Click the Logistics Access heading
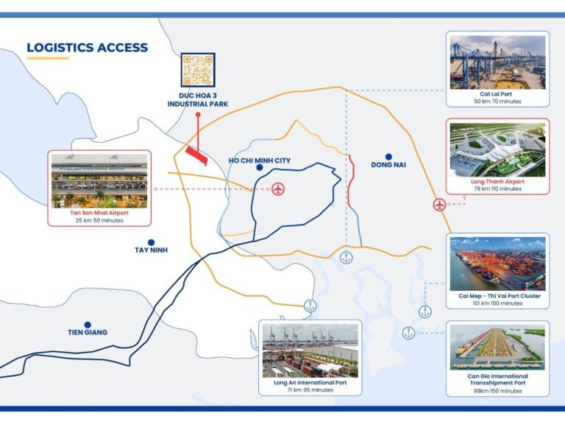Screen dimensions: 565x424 (x=88, y=48)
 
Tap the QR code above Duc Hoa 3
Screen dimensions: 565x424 (x=198, y=70)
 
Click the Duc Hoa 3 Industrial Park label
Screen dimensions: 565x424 (x=198, y=100)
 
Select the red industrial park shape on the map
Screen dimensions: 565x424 (x=196, y=155)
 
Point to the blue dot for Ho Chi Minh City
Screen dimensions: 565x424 (x=259, y=168)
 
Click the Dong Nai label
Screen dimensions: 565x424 (x=388, y=165)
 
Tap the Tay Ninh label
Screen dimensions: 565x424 (x=152, y=250)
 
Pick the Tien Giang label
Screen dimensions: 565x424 (x=88, y=333)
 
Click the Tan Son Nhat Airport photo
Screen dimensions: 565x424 (x=99, y=181)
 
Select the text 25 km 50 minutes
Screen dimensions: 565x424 (x=99, y=220)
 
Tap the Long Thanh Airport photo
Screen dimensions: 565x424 (x=497, y=150)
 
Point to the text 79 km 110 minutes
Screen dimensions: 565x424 (x=497, y=188)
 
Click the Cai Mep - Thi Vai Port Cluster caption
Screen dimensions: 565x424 (x=500, y=296)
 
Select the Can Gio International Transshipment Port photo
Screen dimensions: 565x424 (x=497, y=347)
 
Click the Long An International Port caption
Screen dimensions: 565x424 (x=310, y=383)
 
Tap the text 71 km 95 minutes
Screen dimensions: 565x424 (x=310, y=390)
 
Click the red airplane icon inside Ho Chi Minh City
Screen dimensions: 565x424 (x=278, y=188)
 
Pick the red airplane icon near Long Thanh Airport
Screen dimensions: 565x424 (x=439, y=205)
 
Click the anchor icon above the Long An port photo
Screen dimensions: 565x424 (x=310, y=306)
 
